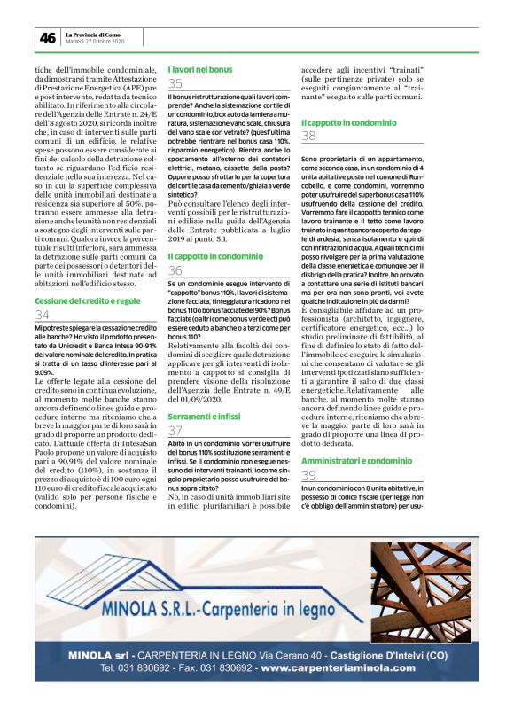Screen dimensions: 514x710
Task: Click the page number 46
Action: point(45,38)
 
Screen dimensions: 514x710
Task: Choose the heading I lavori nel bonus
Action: point(200,69)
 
